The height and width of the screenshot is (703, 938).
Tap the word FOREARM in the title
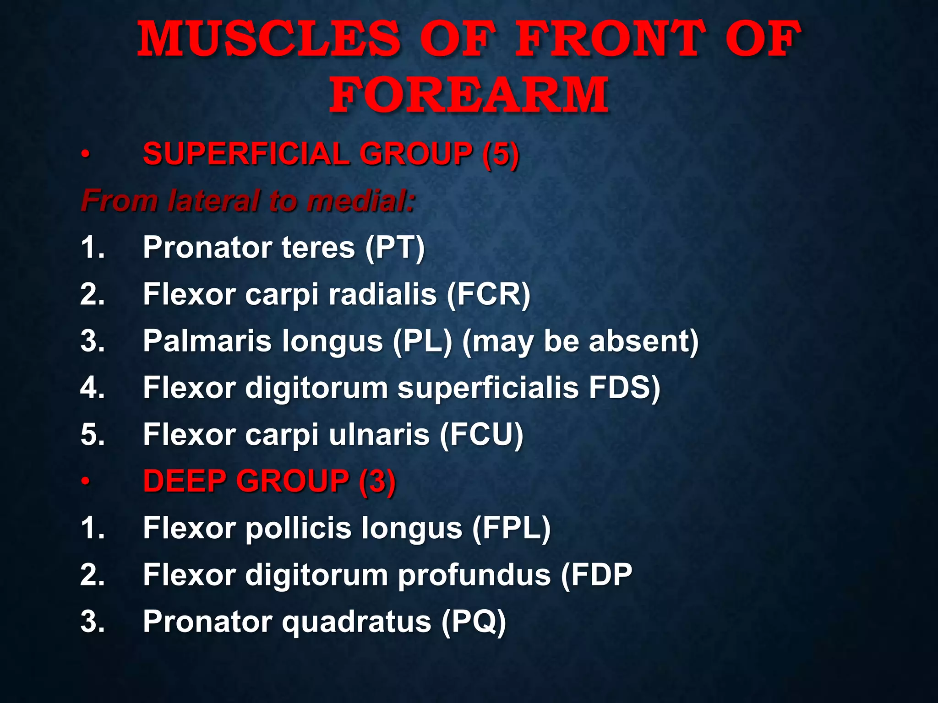(469, 95)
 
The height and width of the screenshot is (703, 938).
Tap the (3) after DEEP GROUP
(377, 481)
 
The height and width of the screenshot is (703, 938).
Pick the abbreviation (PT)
(395, 248)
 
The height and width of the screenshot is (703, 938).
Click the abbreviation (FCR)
(488, 294)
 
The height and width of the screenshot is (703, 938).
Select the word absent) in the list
(644, 341)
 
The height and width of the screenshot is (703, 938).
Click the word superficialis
(488, 388)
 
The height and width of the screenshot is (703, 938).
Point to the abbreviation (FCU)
(481, 435)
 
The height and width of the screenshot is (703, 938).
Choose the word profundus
(474, 575)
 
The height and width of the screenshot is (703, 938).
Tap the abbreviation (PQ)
(474, 622)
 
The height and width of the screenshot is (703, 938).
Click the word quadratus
(356, 622)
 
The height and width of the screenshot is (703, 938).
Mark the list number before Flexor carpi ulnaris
(93, 435)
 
